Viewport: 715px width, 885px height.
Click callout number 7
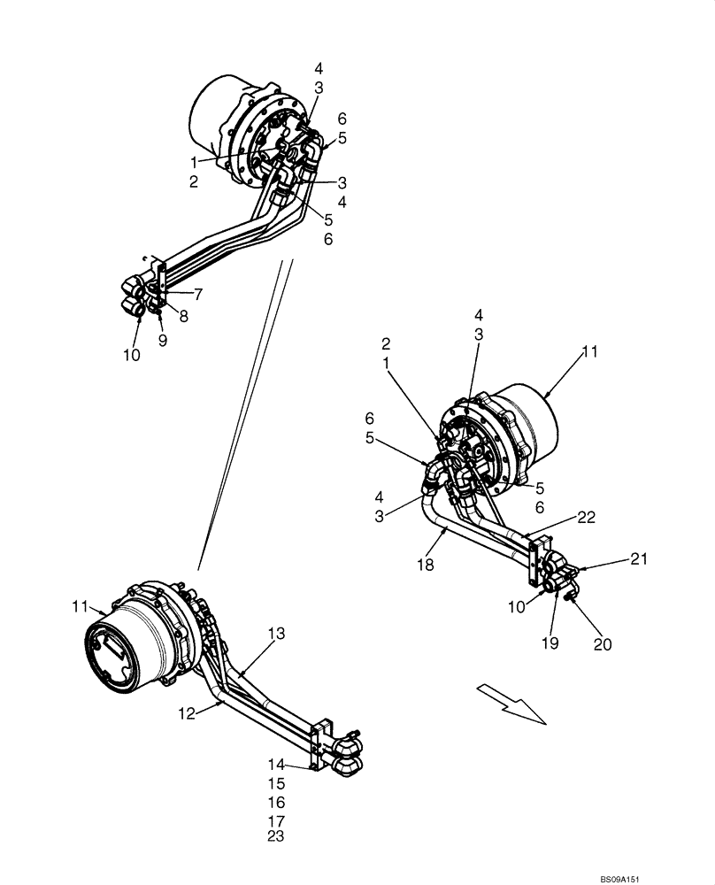coord(199,293)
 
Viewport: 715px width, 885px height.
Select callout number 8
coord(183,316)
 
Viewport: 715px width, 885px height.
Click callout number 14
coord(276,764)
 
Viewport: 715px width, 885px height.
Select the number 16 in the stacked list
coord(276,802)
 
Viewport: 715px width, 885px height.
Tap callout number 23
coord(276,835)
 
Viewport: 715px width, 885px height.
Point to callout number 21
coord(640,558)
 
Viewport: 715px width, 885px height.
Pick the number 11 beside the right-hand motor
coord(590,351)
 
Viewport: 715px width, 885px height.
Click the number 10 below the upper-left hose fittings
coord(132,355)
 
